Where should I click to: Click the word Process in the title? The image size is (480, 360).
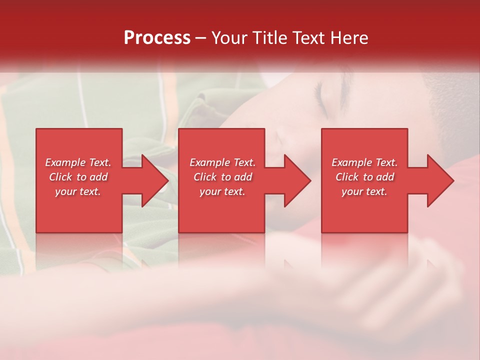[x=157, y=38]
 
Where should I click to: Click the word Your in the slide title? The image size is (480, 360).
[x=228, y=38]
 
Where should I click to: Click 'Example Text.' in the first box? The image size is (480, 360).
[x=78, y=162]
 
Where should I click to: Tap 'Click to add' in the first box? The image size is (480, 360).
[x=78, y=177]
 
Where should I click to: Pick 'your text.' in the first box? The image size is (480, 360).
[x=78, y=191]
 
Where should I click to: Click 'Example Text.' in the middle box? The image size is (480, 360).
[x=222, y=162]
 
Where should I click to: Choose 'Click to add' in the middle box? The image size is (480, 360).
[x=222, y=177]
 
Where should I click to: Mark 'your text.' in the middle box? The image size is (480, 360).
[x=222, y=191]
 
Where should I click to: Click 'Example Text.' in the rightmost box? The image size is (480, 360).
[x=364, y=162]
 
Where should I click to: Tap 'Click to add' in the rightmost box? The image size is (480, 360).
[x=364, y=177]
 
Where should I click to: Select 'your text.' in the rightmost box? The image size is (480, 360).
[x=364, y=191]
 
